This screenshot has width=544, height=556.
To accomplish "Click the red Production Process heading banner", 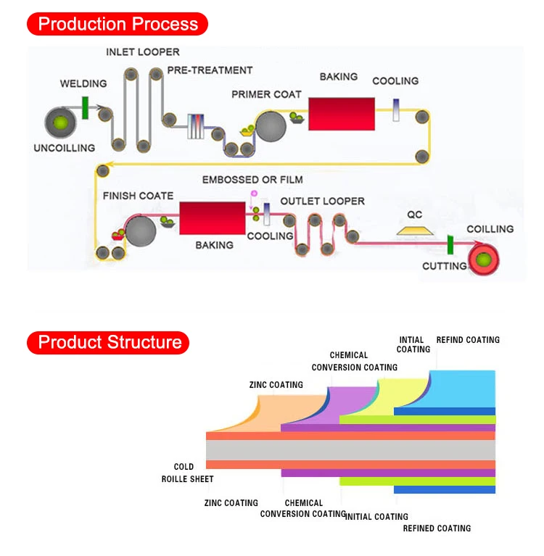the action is point(118,24).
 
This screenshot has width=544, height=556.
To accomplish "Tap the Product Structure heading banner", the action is point(108,343).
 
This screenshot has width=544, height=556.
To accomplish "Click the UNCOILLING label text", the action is point(65,148).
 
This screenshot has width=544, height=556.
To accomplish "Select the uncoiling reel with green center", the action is point(60,123).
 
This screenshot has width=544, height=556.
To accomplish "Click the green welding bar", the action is point(85,108).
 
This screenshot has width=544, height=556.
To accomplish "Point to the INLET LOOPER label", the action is point(143,52).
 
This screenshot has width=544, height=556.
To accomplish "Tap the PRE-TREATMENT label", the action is point(210,70).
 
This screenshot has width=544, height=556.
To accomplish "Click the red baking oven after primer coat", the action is point(342,114).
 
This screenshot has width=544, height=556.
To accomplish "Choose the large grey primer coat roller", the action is point(271,126).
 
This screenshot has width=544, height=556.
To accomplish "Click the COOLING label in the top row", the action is point(395,81).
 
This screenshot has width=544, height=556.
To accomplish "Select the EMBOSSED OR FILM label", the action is point(252,180).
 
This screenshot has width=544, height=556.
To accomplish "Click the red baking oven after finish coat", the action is point(213,218).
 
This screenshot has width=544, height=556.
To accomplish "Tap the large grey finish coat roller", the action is point(141,231).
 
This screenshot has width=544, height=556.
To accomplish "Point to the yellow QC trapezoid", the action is point(414,231).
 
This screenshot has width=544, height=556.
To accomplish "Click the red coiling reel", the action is point(483,260).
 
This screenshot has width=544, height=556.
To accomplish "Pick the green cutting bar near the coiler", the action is point(450,245).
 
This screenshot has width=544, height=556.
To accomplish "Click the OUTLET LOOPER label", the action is point(322,202).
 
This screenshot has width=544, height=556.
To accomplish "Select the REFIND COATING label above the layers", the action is point(468,340).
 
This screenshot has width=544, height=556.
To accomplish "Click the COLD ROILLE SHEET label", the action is point(187,473).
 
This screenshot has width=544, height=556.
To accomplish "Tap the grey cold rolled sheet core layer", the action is point(350,450).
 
